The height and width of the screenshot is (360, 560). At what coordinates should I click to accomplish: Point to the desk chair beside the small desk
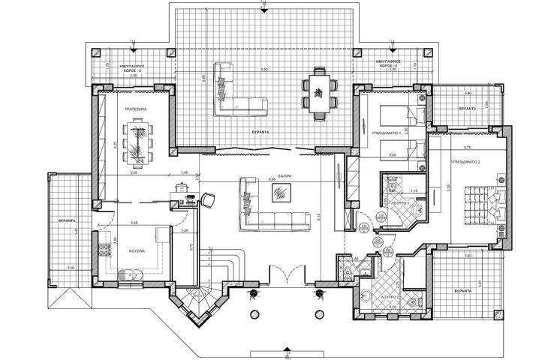click(x=206, y=200)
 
